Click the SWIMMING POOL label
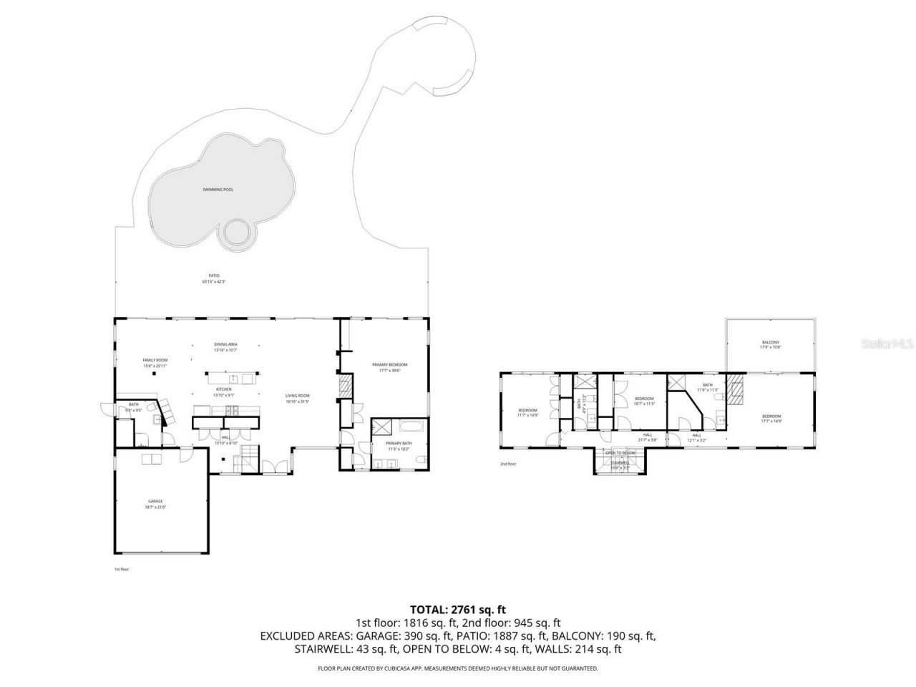tap(217, 190)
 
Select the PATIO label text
tap(213, 278)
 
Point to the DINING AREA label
tap(225, 347)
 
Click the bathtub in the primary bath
tap(410, 428)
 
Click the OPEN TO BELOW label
tap(620, 453)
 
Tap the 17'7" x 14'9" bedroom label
tap(771, 419)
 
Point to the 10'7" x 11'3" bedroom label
tap(644, 401)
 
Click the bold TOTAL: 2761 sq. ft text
tap(458, 610)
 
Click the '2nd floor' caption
tap(507, 464)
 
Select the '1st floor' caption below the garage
tap(122, 569)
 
